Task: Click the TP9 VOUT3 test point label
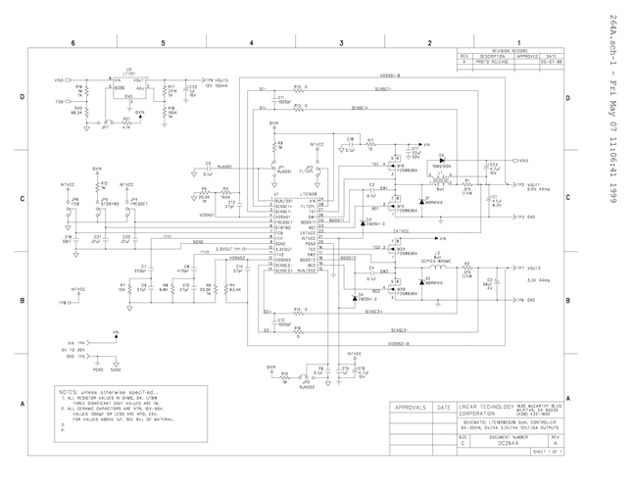[x=216, y=80]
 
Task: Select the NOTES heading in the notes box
[x=73, y=390]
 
